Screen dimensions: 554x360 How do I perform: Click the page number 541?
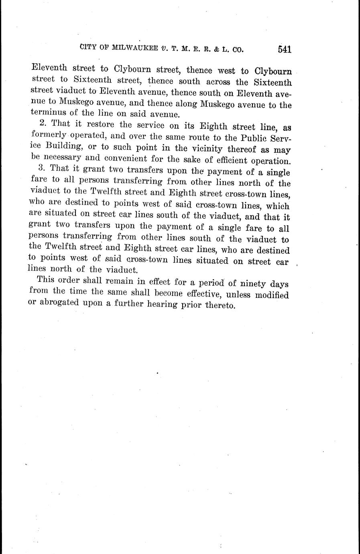[x=283, y=49]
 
